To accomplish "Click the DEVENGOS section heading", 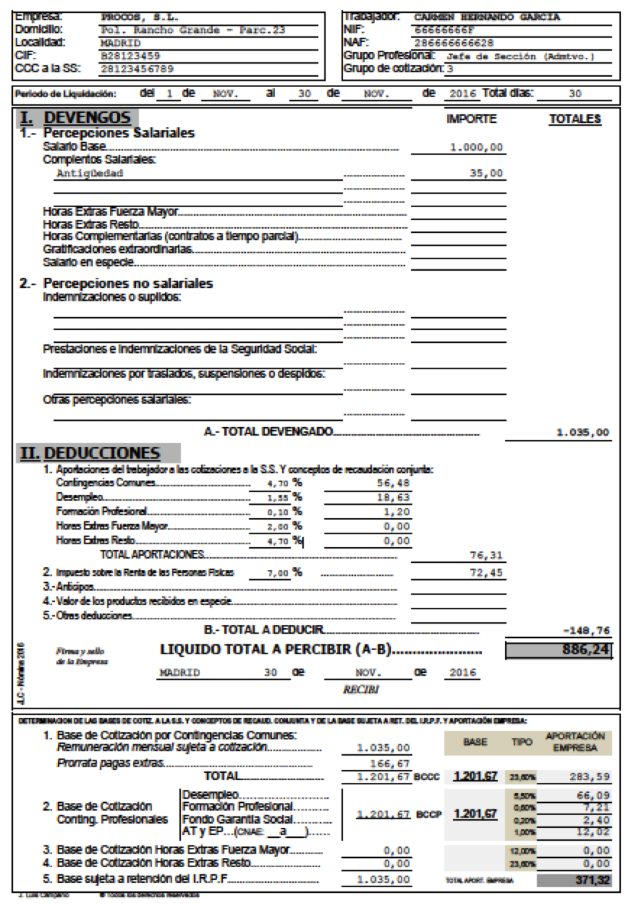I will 86,119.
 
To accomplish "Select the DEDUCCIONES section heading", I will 101,454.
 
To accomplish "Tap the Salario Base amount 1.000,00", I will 477,147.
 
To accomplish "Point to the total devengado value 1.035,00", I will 582,432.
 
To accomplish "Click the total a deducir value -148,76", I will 587,630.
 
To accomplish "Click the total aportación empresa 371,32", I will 592,880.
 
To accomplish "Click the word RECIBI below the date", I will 361,691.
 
